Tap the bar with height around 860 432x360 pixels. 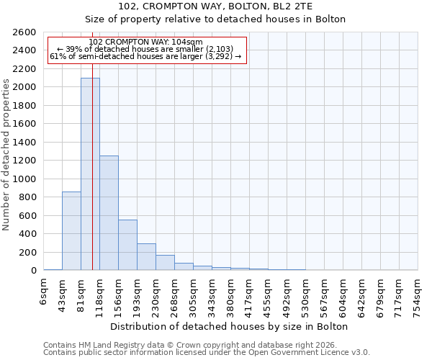[71, 231]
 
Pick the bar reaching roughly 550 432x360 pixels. [127, 245]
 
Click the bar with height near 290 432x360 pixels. [146, 257]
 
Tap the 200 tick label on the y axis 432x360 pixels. [30, 252]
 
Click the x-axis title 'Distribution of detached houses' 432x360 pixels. [230, 327]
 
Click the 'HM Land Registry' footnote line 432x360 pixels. [205, 345]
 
